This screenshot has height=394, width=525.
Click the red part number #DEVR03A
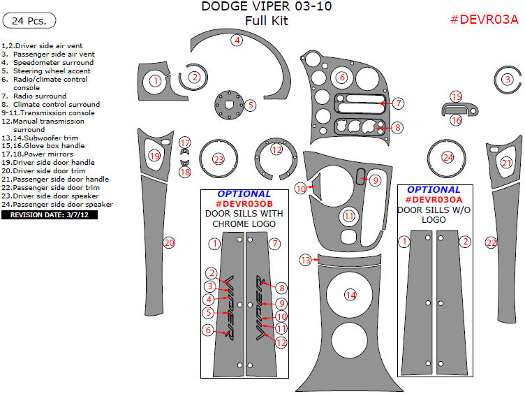coord(484,20)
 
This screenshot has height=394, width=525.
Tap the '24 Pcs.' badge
coord(29,21)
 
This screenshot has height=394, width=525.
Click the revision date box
coord(50,215)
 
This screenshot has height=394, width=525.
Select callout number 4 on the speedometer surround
coord(237,41)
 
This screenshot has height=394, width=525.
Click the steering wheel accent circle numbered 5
coord(250,105)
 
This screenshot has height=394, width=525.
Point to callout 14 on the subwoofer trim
coord(350,295)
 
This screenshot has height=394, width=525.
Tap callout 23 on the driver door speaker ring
coord(219,159)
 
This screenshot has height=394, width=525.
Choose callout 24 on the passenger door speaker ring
coord(448,158)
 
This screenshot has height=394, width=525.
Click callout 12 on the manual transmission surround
coord(276,149)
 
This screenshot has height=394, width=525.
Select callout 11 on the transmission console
coord(349,217)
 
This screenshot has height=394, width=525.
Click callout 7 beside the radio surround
coord(398,103)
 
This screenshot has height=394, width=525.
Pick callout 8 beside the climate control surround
coord(397,127)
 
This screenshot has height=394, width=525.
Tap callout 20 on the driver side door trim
coord(168,242)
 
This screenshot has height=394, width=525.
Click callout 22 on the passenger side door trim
coord(491,242)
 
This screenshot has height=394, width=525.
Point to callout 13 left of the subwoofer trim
coord(305,260)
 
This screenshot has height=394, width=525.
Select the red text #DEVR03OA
coord(434,199)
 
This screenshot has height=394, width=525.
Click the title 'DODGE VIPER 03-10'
coord(266,7)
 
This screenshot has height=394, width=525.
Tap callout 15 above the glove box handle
coord(456,96)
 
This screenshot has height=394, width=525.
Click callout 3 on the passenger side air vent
coord(506,80)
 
